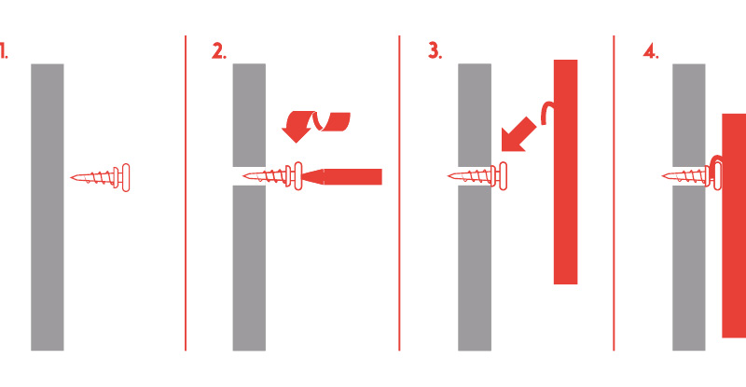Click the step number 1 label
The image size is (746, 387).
tap(4, 50)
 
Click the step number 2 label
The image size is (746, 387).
tap(219, 51)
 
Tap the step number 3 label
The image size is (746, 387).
tap(435, 50)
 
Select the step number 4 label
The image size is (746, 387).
tap(650, 51)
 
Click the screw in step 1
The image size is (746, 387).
tap(101, 177)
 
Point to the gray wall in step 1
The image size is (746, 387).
tap(48, 207)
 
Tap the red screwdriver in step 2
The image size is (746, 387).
tap(342, 176)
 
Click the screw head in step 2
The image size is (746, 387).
tap(297, 176)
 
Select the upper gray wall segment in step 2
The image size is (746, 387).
tap(249, 115)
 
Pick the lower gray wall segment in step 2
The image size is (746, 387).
tap(249, 268)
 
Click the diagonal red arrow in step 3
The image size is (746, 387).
tap(518, 135)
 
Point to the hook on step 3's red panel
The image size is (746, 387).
tap(548, 112)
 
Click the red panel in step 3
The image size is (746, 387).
tap(566, 172)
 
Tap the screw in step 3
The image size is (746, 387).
tap(477, 176)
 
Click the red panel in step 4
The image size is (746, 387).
tap(734, 226)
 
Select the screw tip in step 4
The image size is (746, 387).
tap(663, 176)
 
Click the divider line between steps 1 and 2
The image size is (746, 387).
tap(186, 193)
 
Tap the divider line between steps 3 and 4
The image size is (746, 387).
tap(614, 193)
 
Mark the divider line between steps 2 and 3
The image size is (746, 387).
tap(399, 193)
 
